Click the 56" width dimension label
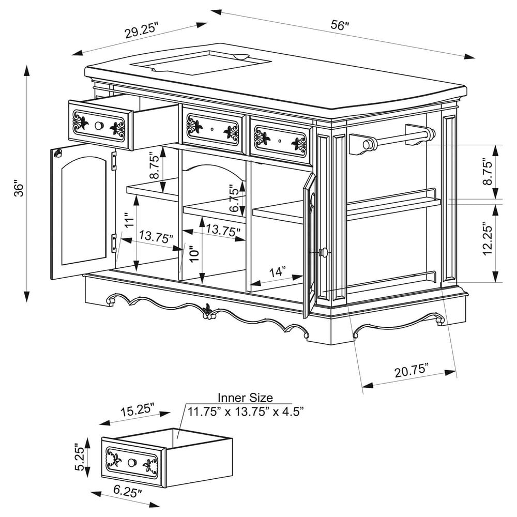click(340, 25)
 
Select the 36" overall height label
click(20, 188)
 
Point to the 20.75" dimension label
click(412, 371)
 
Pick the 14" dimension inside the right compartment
click(277, 272)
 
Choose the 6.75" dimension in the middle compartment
click(234, 198)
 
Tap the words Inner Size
click(245, 398)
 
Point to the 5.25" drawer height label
click(80, 457)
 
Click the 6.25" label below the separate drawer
click(128, 493)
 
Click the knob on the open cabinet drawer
click(99, 126)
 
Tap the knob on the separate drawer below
click(132, 462)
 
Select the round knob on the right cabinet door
click(324, 252)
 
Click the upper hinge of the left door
click(114, 161)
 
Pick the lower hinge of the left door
click(114, 243)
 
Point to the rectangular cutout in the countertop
click(201, 63)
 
